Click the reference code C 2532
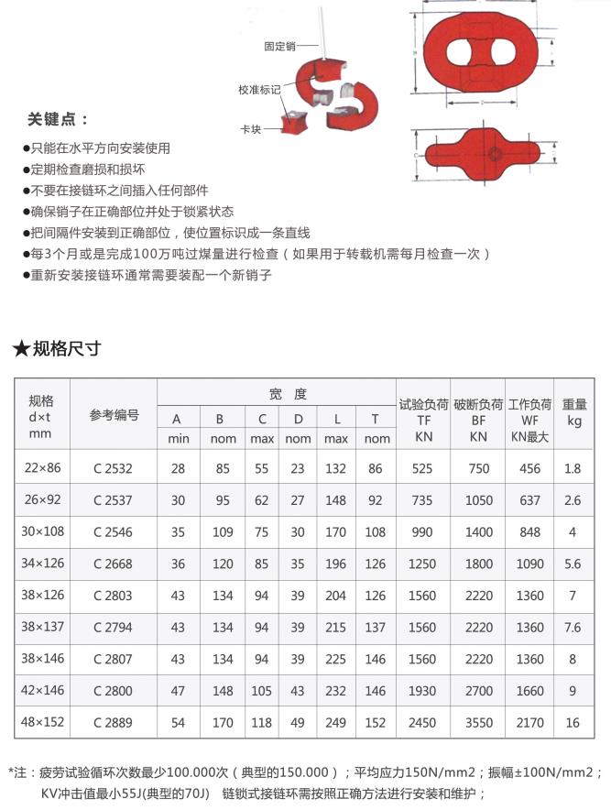[x=113, y=468]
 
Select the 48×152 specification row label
[x=42, y=722]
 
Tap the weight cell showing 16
[x=573, y=723]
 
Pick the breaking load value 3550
[x=478, y=723]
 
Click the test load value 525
[x=422, y=468]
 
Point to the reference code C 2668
[x=113, y=564]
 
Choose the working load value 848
[x=529, y=531]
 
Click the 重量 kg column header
[x=573, y=412]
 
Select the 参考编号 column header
[x=114, y=415]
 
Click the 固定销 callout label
[x=278, y=45]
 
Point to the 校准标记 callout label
[x=259, y=90]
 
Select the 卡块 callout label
[x=252, y=130]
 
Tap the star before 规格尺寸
[x=20, y=348]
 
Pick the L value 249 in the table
[x=335, y=723]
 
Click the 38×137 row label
[x=42, y=627]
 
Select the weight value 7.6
[x=573, y=628]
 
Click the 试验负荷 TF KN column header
[x=423, y=421]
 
